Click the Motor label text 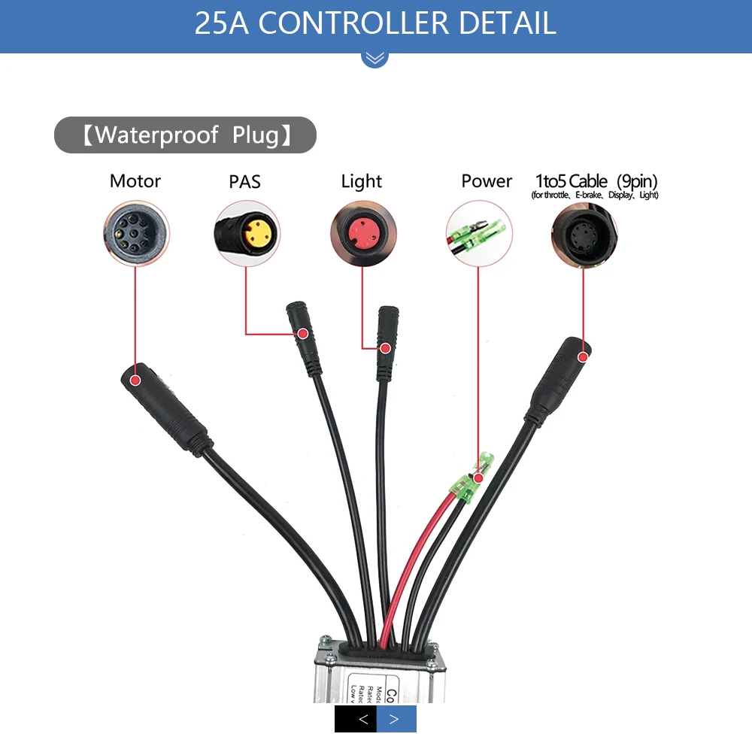click(135, 181)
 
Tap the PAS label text click(244, 182)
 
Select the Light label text click(362, 181)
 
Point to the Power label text click(487, 181)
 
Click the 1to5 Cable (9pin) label click(596, 181)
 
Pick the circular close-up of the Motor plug click(135, 234)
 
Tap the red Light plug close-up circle click(362, 234)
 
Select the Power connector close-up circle click(479, 234)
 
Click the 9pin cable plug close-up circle click(584, 234)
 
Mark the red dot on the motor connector click(135, 380)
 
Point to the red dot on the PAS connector click(302, 333)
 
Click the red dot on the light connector click(385, 348)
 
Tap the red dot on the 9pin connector click(584, 357)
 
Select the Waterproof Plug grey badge click(185, 135)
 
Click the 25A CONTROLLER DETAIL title click(375, 23)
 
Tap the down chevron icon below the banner click(374, 57)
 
